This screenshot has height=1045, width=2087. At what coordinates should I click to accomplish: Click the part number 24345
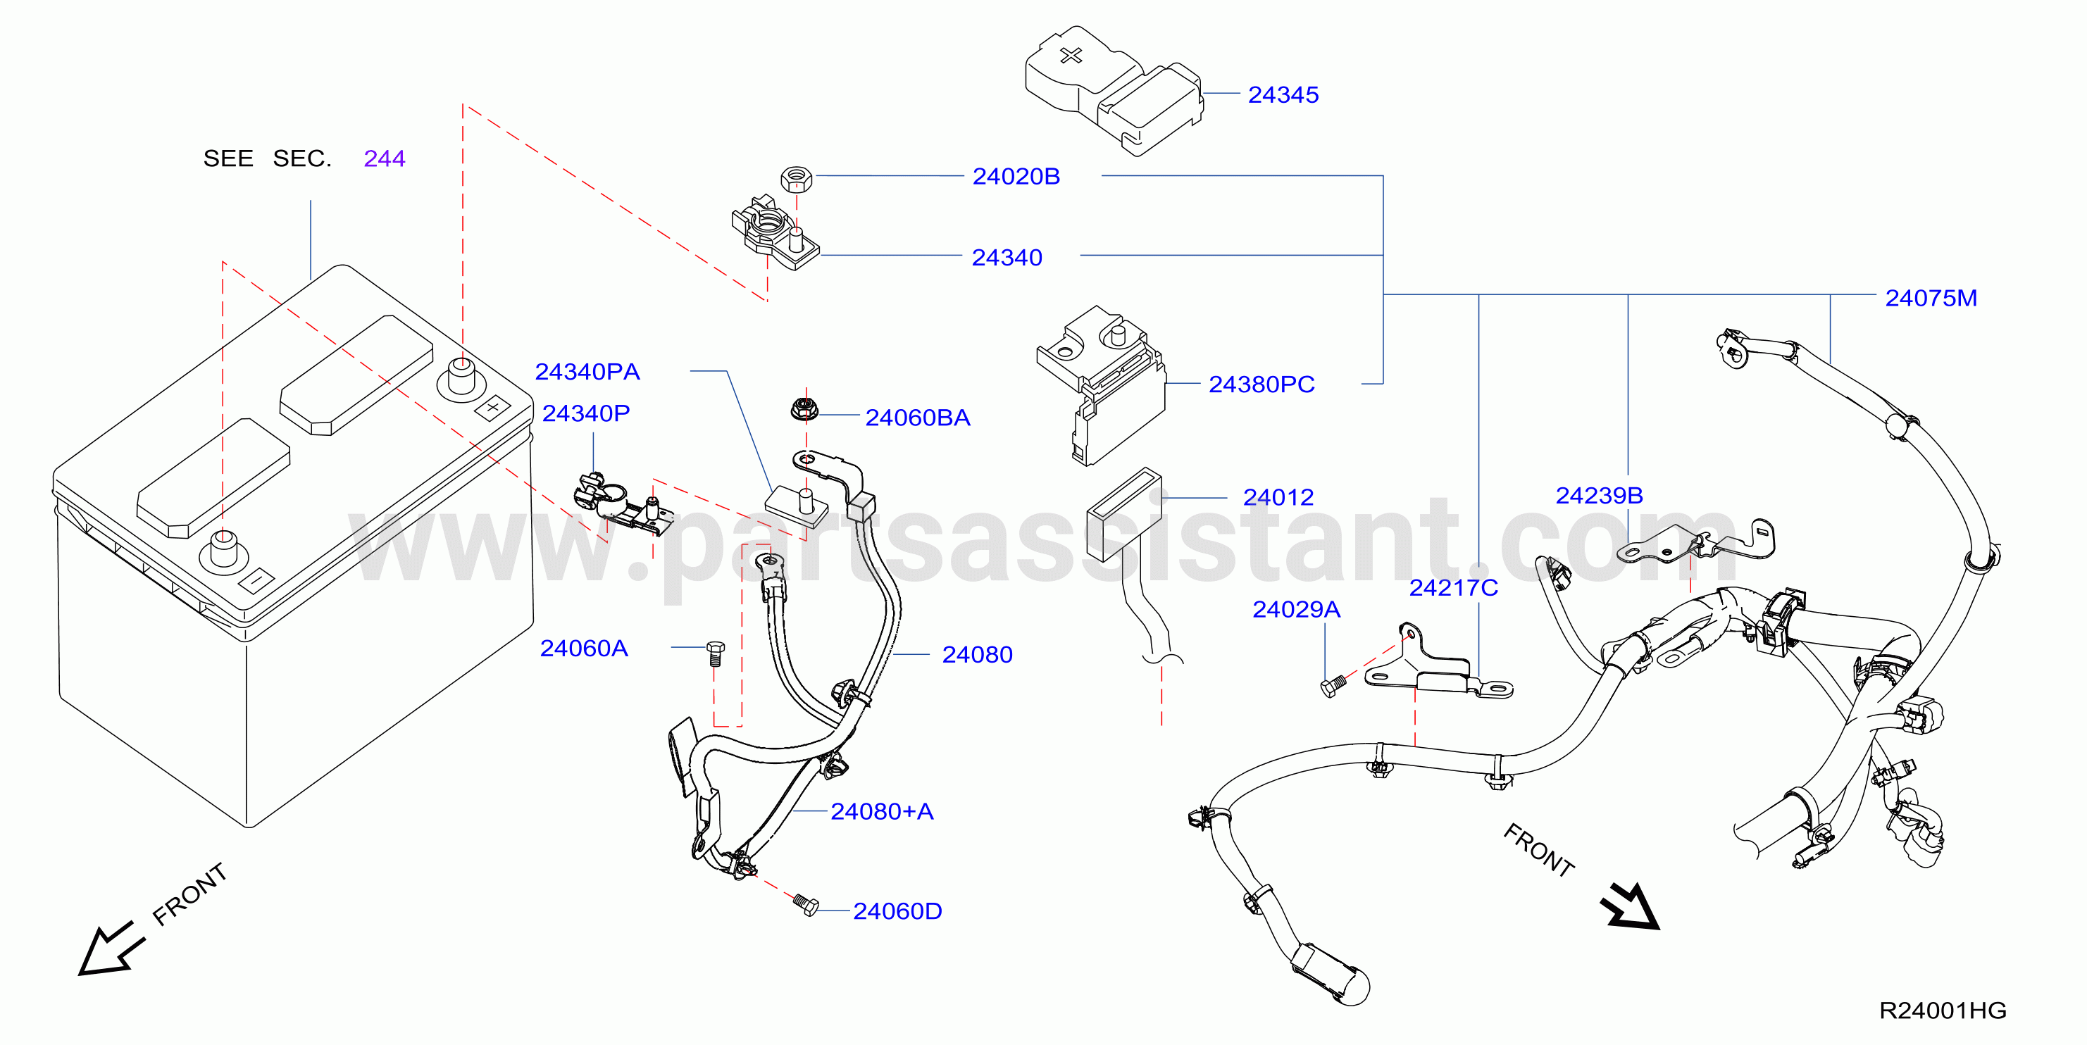[1283, 95]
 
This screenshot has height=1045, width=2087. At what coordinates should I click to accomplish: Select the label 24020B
[1016, 177]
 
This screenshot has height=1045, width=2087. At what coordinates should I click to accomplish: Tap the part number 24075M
[1931, 298]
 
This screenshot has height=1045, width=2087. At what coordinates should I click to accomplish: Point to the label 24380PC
[1261, 384]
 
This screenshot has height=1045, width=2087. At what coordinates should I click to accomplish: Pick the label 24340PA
[587, 371]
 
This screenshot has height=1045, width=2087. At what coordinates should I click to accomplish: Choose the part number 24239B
[1600, 495]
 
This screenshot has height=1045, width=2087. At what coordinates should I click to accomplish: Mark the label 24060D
[897, 911]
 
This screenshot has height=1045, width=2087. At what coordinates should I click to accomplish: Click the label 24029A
[1296, 609]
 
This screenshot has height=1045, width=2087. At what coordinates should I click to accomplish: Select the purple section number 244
[385, 158]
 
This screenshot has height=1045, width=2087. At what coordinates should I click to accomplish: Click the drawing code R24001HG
[1943, 1010]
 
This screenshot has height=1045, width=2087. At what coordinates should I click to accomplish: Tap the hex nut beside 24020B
[797, 178]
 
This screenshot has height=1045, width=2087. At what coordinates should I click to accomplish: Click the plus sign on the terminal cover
[1071, 55]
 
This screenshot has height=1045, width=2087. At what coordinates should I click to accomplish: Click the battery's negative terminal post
[223, 551]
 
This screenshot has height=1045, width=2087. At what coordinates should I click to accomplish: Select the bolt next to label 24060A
[716, 653]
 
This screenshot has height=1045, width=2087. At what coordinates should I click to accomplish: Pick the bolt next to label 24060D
[805, 905]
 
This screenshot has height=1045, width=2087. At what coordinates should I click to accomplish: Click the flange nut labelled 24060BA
[804, 408]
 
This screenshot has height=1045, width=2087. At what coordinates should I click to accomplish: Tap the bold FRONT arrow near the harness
[1630, 906]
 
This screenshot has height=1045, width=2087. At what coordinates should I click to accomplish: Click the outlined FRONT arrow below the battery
[111, 948]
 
